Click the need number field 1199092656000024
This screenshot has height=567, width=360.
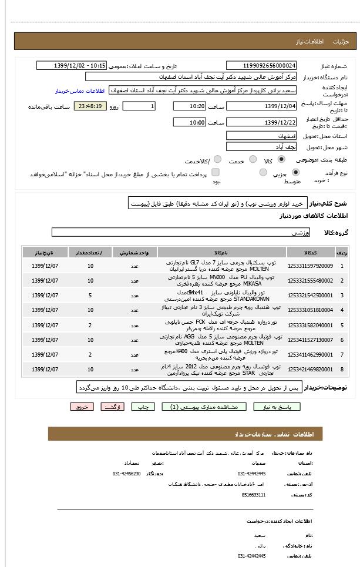(261, 66)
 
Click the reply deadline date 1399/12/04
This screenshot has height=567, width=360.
(261, 106)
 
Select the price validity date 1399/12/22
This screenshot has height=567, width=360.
(261, 122)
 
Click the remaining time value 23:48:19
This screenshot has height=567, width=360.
(90, 106)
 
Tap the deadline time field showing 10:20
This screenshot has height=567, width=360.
(189, 106)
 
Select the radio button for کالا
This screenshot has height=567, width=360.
(281, 159)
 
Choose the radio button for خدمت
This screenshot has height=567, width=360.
(253, 159)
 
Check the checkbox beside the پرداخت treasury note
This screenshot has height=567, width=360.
(216, 172)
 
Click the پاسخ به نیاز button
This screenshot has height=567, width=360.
(277, 407)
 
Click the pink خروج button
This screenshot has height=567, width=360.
(82, 407)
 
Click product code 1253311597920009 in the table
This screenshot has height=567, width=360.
(310, 266)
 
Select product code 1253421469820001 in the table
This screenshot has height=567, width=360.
(310, 370)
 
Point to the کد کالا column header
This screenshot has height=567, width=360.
(310, 252)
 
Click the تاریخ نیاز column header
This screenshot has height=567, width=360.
(45, 252)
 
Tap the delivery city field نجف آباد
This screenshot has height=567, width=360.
(261, 147)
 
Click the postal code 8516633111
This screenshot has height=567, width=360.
(254, 495)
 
